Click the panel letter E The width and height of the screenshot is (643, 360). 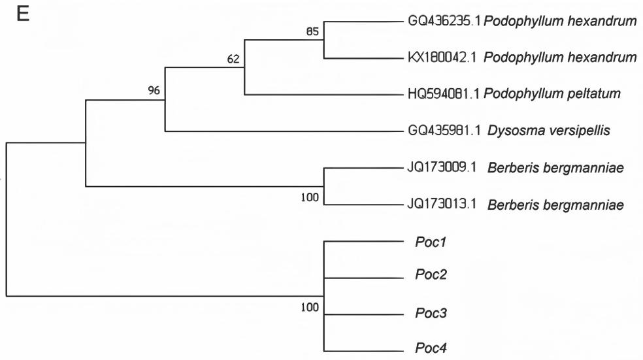(x=23, y=16)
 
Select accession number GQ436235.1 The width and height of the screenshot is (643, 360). (x=444, y=22)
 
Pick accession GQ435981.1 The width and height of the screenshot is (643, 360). (x=444, y=131)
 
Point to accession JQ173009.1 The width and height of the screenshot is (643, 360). (x=444, y=168)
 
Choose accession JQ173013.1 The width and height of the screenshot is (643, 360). (x=444, y=205)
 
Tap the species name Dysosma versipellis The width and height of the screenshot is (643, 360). (x=549, y=131)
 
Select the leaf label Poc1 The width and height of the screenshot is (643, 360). (x=430, y=242)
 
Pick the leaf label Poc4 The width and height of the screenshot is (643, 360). (x=430, y=347)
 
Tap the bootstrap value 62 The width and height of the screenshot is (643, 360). (x=233, y=59)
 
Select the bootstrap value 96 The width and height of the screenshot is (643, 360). (x=154, y=90)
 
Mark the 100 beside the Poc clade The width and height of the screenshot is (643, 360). (x=310, y=308)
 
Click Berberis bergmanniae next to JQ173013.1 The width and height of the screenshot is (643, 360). (x=555, y=205)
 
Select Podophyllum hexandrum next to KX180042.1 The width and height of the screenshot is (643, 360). (x=560, y=58)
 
